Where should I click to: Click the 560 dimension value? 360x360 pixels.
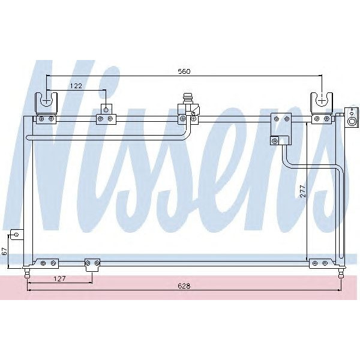tap(184, 72)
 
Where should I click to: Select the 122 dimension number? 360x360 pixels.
tap(76, 86)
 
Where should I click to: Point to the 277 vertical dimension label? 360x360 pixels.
tap(303, 191)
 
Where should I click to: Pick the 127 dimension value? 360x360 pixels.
tap(58, 278)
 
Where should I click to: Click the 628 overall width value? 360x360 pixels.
tap(184, 286)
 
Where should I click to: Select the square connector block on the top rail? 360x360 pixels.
tap(281, 124)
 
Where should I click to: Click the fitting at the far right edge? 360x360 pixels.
tap(350, 118)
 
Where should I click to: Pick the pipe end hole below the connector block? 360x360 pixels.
tap(275, 142)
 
